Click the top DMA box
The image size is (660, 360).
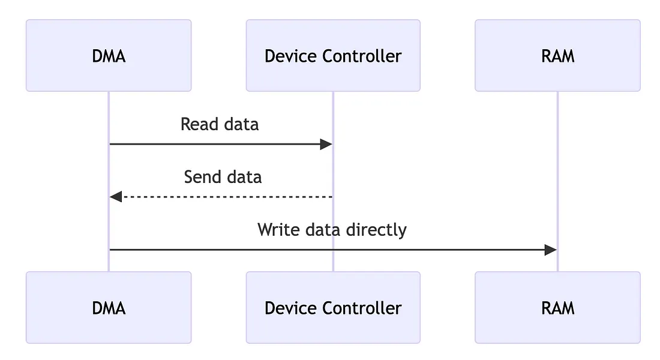point(109,56)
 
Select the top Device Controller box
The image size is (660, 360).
point(333,56)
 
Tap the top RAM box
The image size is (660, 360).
point(557,56)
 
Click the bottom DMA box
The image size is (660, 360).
point(109,308)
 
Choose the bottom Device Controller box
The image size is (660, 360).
point(333,308)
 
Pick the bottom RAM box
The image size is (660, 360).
point(557,308)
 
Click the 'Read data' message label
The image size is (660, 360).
point(220,124)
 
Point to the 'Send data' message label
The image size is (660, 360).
point(223,177)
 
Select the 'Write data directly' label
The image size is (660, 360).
point(332,230)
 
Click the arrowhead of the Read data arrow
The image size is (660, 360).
point(326,144)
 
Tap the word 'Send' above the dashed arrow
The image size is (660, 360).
point(200,177)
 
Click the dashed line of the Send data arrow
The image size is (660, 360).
point(228,197)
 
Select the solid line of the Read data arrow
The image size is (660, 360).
point(216,144)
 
